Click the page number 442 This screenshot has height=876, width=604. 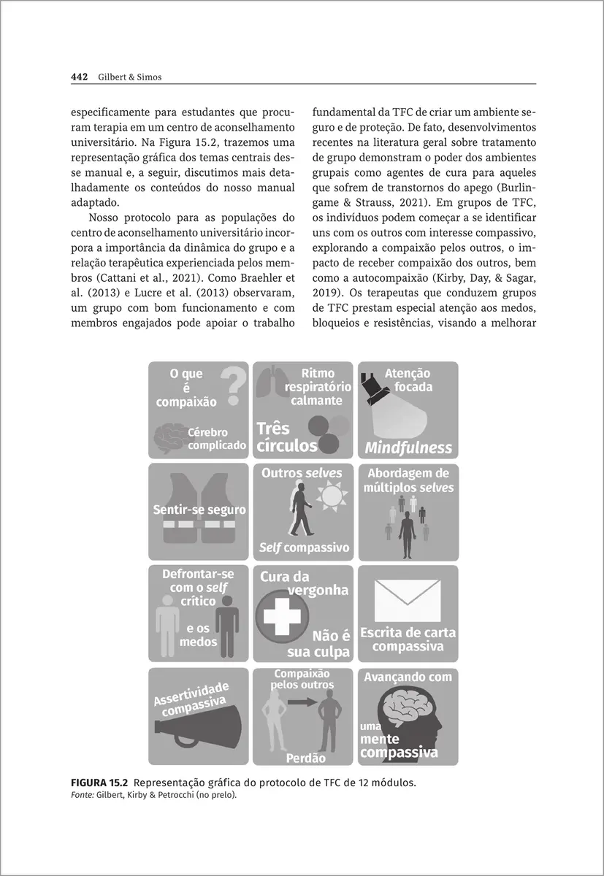pos(79,77)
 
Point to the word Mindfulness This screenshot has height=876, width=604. pos(408,447)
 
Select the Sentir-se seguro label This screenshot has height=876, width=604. pos(199,510)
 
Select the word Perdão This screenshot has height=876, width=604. pos(305,758)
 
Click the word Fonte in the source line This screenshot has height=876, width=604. pos(80,795)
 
